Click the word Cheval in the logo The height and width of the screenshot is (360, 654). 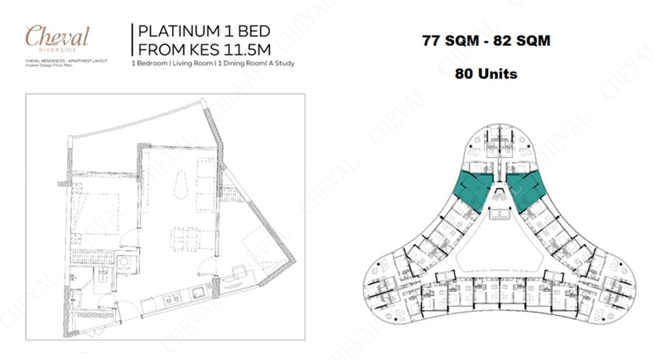point(57,37)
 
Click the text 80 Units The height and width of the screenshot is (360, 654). point(486,73)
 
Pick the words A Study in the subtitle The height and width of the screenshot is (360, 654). point(279,63)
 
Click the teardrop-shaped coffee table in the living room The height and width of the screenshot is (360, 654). point(180,188)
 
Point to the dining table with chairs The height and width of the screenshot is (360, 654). point(184,238)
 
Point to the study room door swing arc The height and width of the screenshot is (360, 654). point(208,266)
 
